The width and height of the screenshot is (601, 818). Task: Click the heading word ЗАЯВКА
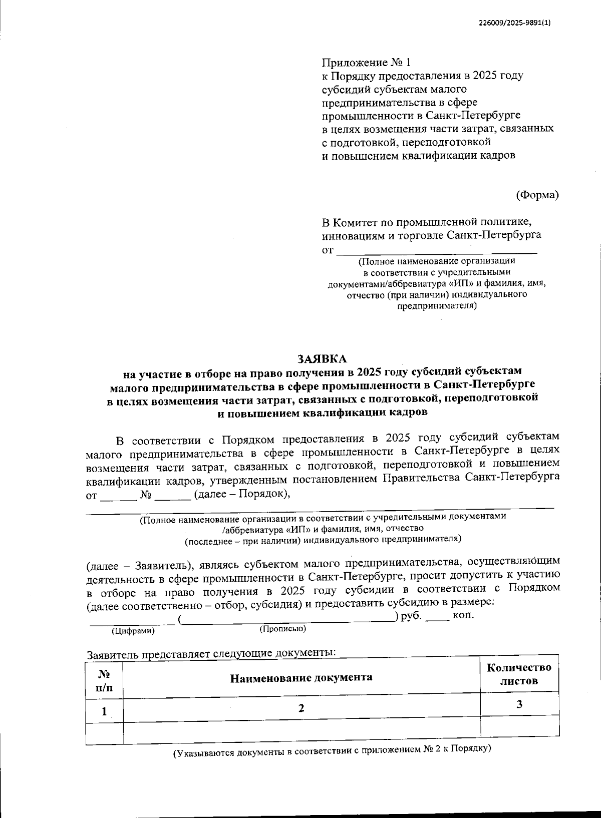click(x=322, y=359)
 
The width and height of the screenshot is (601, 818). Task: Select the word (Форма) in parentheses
click(x=537, y=195)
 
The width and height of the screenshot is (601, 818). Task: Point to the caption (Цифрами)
click(x=133, y=631)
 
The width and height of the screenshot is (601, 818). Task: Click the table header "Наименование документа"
click(x=301, y=678)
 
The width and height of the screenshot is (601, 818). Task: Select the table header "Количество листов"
click(x=519, y=674)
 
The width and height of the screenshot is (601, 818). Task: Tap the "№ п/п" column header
click(x=104, y=680)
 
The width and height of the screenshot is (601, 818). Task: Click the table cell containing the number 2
click(x=301, y=709)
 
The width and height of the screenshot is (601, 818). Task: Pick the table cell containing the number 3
click(x=519, y=705)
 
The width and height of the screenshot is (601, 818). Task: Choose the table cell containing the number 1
click(x=104, y=711)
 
